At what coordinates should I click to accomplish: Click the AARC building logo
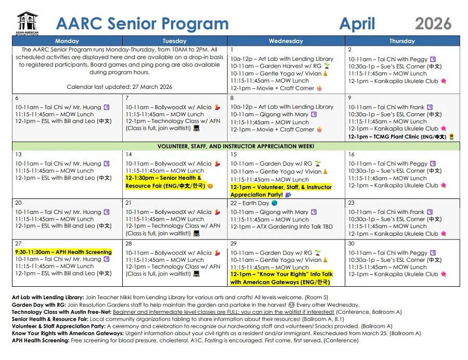point(27,22)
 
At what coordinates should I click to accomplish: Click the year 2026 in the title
point(433,23)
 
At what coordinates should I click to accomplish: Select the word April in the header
point(357,23)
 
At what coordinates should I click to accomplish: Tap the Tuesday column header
point(174,41)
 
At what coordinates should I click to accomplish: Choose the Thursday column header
point(402,41)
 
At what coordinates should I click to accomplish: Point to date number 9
point(350,98)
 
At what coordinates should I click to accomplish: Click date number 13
point(18,155)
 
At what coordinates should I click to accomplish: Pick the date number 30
point(352,244)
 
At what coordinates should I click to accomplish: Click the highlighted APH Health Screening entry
point(63,252)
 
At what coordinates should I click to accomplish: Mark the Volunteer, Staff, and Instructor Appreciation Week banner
point(236,146)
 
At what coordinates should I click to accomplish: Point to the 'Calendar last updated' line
point(120,87)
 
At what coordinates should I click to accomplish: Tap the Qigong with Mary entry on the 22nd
point(270,212)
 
